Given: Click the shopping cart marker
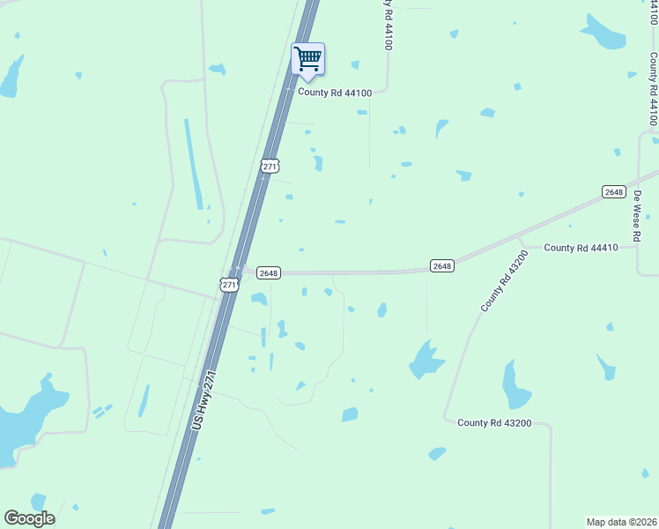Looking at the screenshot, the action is tap(307, 60).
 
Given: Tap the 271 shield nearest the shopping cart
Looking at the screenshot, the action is tap(270, 166).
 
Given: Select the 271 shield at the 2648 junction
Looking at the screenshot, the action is tap(229, 284).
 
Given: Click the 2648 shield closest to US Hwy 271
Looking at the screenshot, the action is tap(269, 273).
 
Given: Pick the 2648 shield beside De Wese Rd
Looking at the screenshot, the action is tap(614, 192).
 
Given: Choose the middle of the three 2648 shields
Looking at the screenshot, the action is tap(442, 265).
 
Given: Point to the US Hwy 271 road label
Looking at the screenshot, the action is tap(204, 400).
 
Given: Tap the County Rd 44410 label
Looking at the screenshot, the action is tap(581, 248).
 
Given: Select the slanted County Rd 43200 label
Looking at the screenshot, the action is tap(504, 280).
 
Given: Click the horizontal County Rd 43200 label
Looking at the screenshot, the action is tap(493, 423).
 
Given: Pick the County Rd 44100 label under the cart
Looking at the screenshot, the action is tap(336, 92).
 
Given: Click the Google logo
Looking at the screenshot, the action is tap(29, 518).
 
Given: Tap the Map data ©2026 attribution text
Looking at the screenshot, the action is tap(621, 522).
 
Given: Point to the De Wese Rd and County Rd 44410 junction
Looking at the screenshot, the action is tap(638, 248).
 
